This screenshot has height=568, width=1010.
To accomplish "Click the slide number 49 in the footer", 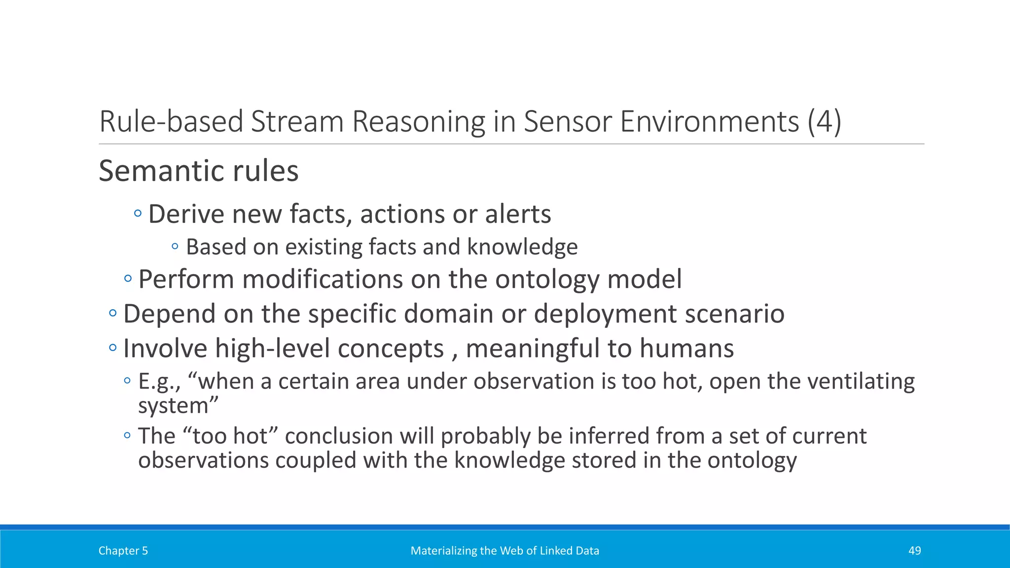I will [914, 551].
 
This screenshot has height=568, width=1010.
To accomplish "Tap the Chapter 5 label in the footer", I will [123, 551].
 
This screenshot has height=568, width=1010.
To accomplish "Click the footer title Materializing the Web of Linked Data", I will [505, 551].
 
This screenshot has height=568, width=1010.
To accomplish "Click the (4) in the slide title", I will [824, 121].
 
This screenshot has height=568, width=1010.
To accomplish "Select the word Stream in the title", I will [297, 121].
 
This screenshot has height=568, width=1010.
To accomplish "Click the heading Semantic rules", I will [198, 171].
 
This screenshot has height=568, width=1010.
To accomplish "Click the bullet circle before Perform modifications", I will [128, 279].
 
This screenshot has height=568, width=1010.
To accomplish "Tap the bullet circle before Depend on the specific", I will [113, 313].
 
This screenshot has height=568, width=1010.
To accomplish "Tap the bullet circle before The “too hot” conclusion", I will [127, 435].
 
